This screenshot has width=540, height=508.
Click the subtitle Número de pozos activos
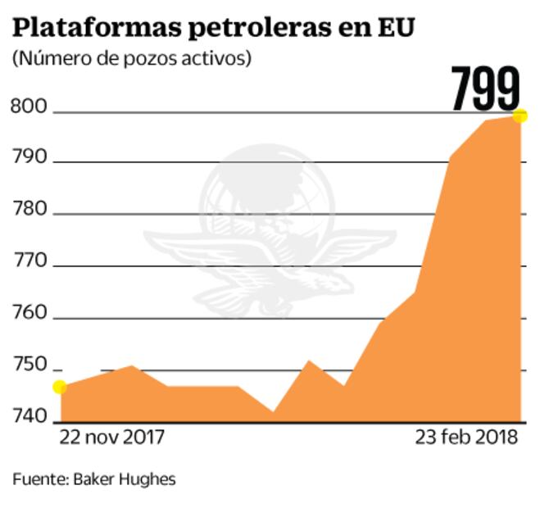tap(132, 59)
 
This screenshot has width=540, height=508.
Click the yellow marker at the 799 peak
tap(520, 116)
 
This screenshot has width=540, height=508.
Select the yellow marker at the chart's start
tap(60, 387)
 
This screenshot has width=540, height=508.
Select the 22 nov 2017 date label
tap(112, 438)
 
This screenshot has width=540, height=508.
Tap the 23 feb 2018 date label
tap(466, 438)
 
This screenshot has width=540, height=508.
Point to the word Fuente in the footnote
tap(38, 479)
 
